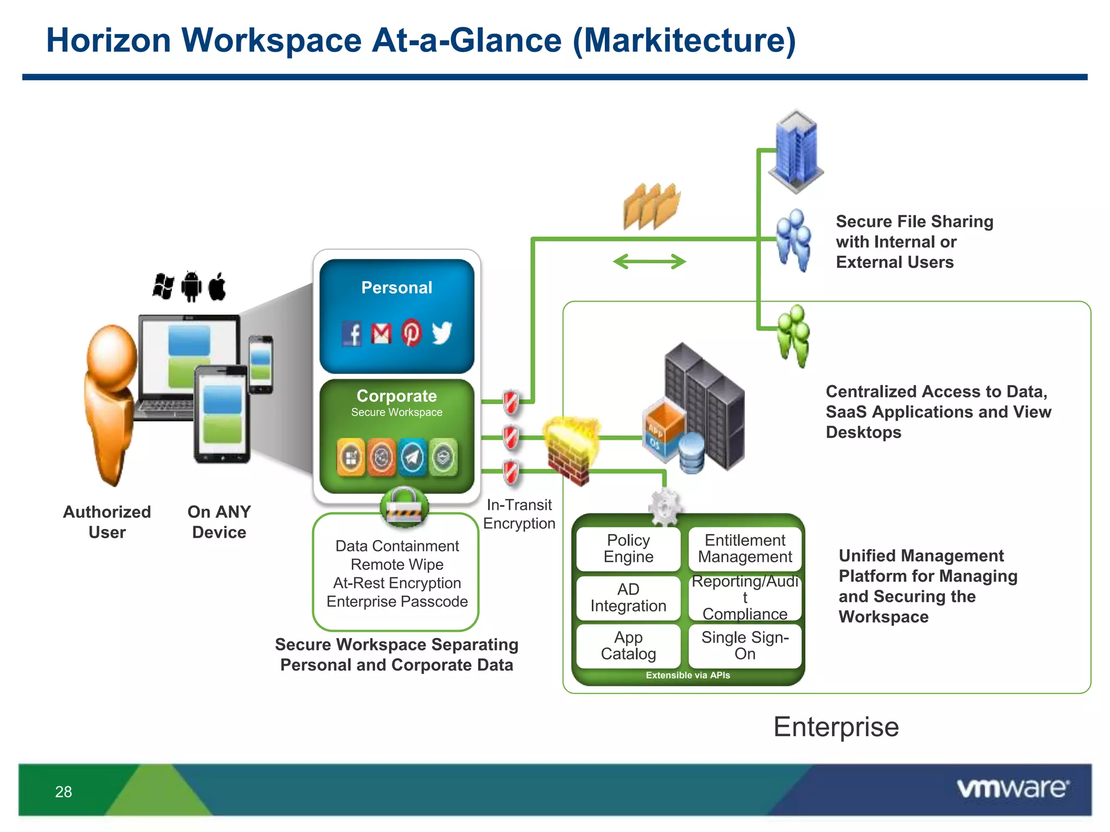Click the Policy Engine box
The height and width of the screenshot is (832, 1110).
(x=628, y=548)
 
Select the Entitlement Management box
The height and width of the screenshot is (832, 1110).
(x=745, y=548)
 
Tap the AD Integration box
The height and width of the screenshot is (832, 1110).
(x=628, y=597)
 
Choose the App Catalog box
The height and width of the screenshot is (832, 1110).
(x=628, y=646)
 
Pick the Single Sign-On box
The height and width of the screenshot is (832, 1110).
(x=745, y=646)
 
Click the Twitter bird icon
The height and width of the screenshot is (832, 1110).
(x=442, y=333)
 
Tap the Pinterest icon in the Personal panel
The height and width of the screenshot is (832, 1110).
(x=411, y=333)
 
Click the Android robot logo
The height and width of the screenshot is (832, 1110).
(x=191, y=286)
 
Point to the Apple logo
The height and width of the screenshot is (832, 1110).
(x=217, y=286)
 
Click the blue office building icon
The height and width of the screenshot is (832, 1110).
(x=796, y=151)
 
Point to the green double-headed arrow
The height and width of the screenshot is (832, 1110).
(x=649, y=262)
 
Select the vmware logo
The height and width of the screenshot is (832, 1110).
(x=1012, y=788)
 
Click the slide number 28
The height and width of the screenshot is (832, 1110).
(x=63, y=792)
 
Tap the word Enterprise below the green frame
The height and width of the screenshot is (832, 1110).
(x=836, y=727)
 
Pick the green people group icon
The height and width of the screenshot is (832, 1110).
(x=794, y=336)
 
